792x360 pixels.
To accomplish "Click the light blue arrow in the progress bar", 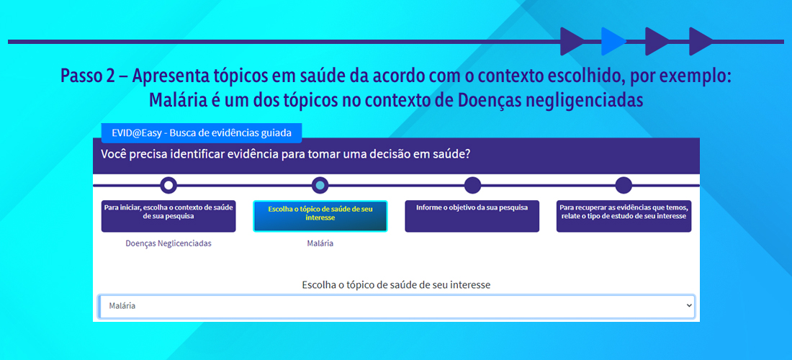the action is pyautogui.click(x=612, y=42).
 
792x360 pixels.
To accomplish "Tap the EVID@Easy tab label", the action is pyautogui.click(x=201, y=133).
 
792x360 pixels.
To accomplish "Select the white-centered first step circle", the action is pyautogui.click(x=168, y=185).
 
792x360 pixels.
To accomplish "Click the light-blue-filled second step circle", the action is pyautogui.click(x=320, y=185).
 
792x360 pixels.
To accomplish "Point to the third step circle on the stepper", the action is pyautogui.click(x=472, y=185).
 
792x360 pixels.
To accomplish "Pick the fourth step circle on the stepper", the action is pyautogui.click(x=624, y=185).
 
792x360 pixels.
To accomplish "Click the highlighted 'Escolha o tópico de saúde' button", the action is pyautogui.click(x=320, y=216).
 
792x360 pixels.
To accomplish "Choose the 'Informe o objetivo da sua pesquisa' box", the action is pyautogui.click(x=472, y=216).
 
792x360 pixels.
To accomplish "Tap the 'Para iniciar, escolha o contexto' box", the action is pyautogui.click(x=168, y=216).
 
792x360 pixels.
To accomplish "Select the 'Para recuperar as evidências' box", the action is pyautogui.click(x=624, y=216).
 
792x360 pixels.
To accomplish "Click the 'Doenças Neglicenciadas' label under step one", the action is pyautogui.click(x=168, y=243).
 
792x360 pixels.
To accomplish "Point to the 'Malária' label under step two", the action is pyautogui.click(x=320, y=243).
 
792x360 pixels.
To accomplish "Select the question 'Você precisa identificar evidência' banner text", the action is pyautogui.click(x=286, y=154).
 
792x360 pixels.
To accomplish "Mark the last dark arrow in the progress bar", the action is pyautogui.click(x=701, y=42).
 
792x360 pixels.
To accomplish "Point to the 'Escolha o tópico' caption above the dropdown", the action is pyautogui.click(x=396, y=285).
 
